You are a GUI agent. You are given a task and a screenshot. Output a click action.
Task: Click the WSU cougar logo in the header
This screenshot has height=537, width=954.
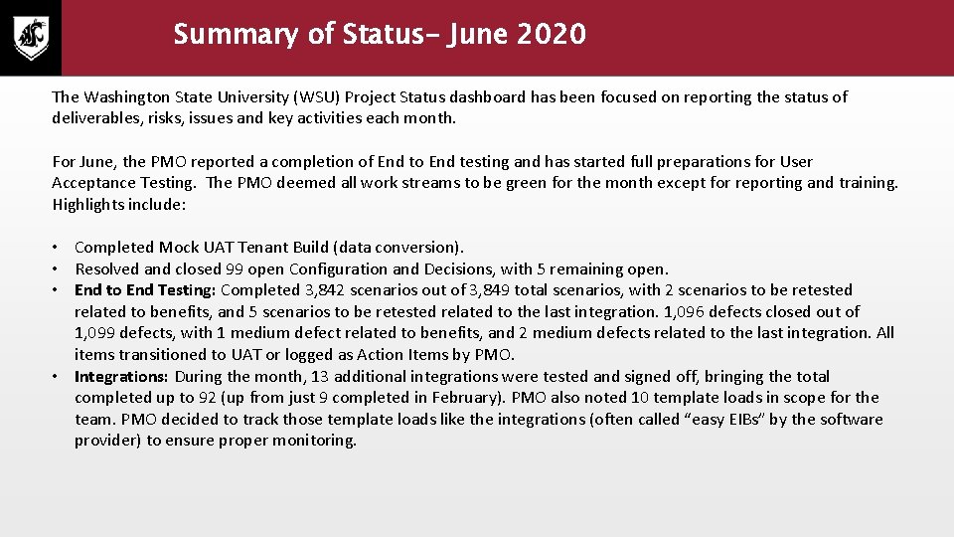pyautogui.click(x=31, y=38)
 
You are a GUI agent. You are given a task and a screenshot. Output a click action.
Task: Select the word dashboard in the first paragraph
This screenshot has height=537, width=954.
pyautogui.click(x=492, y=96)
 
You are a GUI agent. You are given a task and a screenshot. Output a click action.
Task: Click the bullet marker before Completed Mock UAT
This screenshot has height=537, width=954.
pyautogui.click(x=60, y=248)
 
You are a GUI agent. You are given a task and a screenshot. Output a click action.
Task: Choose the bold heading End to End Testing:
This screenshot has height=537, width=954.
pyautogui.click(x=145, y=289)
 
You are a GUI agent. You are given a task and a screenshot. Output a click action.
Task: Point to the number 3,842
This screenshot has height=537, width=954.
pyautogui.click(x=307, y=289)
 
